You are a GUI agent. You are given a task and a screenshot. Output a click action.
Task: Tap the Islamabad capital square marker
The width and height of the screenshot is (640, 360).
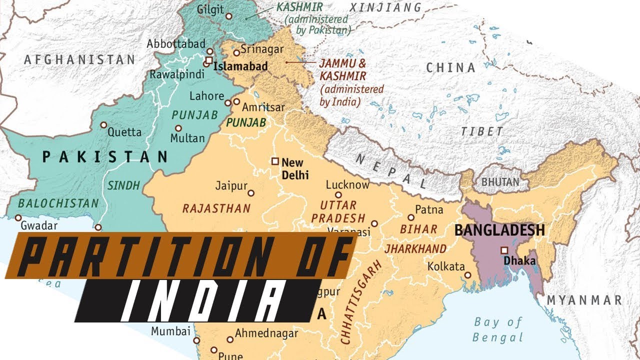(x=208, y=60)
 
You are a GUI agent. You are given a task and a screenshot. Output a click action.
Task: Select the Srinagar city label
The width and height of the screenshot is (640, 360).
(x=261, y=49)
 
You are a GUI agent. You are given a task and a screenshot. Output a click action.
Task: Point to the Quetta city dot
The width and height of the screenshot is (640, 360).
(x=103, y=125)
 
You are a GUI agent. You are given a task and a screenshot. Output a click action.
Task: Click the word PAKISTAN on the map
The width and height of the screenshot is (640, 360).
(x=104, y=157)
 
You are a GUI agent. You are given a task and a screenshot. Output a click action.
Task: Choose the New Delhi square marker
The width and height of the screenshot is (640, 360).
(x=274, y=161)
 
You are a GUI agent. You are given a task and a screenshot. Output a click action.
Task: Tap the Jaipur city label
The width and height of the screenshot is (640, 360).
(x=231, y=185)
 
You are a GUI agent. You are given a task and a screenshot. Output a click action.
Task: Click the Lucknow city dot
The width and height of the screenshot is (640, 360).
(x=338, y=195)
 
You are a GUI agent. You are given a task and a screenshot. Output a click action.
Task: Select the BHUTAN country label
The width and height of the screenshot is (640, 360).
(x=500, y=182)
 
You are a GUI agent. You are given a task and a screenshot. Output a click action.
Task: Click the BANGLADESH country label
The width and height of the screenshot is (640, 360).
(x=499, y=230)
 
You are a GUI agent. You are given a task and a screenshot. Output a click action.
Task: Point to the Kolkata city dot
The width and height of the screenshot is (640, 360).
(x=467, y=275)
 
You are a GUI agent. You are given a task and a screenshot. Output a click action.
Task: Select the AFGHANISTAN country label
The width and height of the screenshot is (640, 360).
(x=79, y=59)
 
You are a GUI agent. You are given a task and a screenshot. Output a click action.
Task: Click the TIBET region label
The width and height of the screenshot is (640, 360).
(x=482, y=131)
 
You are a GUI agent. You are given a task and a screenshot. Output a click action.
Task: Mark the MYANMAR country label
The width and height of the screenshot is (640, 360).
(x=583, y=300)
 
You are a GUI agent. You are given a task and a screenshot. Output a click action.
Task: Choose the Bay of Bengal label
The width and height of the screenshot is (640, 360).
(x=498, y=329)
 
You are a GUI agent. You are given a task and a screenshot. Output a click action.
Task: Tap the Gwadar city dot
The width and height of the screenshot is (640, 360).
(x=18, y=218)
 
